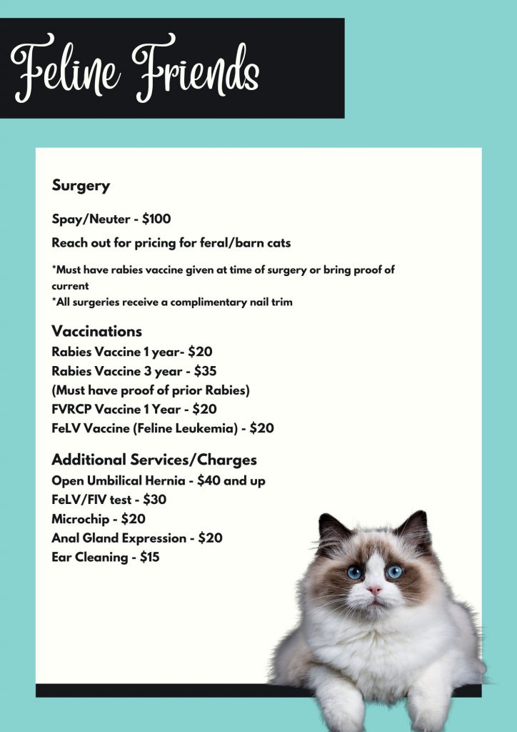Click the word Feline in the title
tap(65, 69)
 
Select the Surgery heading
tap(81, 186)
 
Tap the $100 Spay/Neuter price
tap(155, 219)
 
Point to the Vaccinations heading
tap(96, 332)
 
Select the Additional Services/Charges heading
tap(154, 460)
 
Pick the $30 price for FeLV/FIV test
tap(155, 500)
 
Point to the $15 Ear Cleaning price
tap(149, 557)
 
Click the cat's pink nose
tap(374, 590)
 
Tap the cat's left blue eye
tap(355, 572)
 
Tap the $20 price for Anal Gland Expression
tap(210, 538)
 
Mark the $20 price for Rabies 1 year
tap(200, 352)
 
